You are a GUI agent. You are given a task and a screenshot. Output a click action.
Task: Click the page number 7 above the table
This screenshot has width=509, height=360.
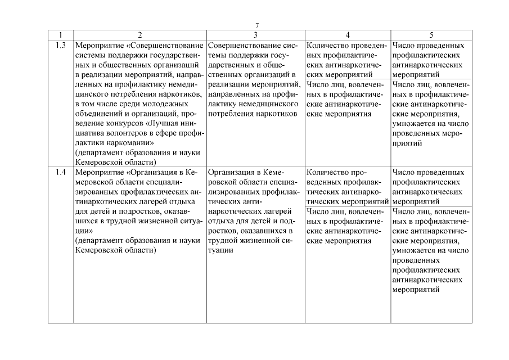tap(256, 26)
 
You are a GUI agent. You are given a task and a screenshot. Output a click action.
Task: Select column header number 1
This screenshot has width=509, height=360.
tap(61, 35)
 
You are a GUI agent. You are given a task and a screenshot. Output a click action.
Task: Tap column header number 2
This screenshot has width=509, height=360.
tap(140, 35)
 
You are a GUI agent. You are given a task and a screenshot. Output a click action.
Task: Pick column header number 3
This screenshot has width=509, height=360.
tap(256, 35)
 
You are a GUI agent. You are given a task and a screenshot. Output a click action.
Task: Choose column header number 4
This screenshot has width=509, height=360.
tap(348, 35)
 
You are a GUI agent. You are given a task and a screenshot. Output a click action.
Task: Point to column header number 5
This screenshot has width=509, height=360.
tap(431, 35)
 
